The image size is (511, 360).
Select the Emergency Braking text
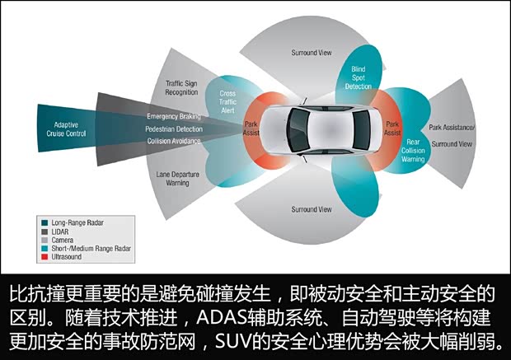(174, 116)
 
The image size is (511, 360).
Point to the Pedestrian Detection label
(173, 129)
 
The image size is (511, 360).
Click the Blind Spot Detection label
(358, 77)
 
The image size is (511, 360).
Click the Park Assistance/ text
(452, 128)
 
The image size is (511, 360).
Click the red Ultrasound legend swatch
(44, 256)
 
